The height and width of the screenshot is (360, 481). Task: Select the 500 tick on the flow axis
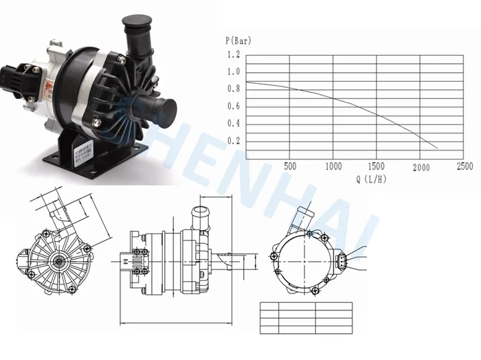tap(290, 166)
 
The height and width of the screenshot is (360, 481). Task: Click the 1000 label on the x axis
tap(333, 166)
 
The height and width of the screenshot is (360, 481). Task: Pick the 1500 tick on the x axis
tap(377, 166)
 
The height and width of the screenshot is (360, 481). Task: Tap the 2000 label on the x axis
tap(421, 166)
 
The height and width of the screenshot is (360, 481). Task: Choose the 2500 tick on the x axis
tap(465, 166)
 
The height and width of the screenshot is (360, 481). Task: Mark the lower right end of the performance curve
tap(437, 148)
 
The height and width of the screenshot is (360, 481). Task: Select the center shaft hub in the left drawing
tap(61, 260)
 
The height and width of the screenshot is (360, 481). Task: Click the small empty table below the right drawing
tap(296, 318)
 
